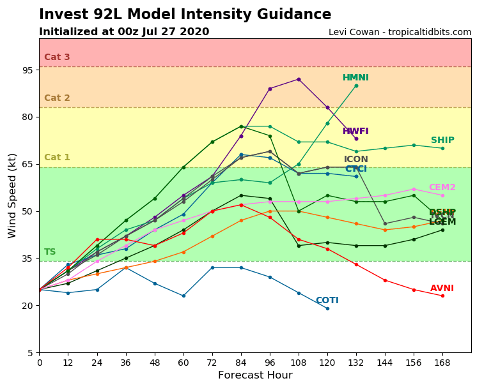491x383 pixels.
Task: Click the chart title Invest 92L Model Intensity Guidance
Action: [185, 15]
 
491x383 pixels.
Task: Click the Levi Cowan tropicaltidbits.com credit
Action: [400, 32]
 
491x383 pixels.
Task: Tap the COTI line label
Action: [327, 301]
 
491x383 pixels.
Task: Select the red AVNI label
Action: [442, 289]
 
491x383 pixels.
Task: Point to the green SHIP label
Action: [442, 140]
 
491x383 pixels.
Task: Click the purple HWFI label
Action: [355, 131]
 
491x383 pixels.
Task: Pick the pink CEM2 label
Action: [442, 188]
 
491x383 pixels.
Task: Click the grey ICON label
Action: [355, 160]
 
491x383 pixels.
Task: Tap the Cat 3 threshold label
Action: [57, 57]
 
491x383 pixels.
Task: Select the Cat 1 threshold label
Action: [57, 158]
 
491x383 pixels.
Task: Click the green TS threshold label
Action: [50, 252]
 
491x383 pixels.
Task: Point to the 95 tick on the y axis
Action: [28, 70]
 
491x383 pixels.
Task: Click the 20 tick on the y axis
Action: [28, 306]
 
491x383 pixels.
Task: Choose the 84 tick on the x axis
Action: [241, 362]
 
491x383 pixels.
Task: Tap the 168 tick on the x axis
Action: [442, 362]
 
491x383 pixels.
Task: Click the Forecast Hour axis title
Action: [255, 375]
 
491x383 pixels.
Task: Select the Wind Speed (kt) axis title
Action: [13, 195]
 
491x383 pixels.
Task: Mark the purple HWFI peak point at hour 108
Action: [299, 79]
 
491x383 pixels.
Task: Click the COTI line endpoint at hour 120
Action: [327, 308]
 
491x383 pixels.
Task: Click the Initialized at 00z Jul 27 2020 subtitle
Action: [124, 32]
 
